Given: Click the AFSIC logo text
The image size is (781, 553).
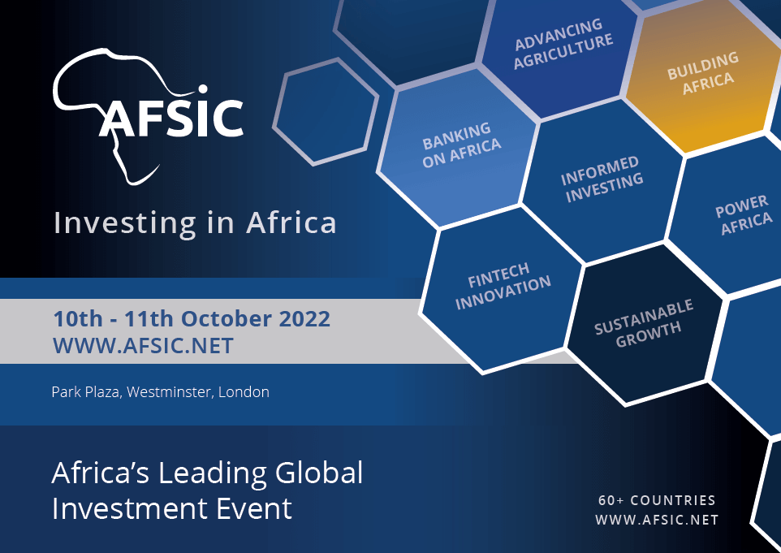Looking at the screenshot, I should [170, 117].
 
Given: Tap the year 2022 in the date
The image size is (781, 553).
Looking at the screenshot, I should [304, 318].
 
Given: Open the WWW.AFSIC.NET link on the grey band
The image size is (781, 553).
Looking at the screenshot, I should [143, 346].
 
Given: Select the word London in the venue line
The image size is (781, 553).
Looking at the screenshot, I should [246, 392].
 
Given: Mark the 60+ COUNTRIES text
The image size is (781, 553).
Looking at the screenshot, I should [657, 500].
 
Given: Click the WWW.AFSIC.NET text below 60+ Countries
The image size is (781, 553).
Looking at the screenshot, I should [657, 520].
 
